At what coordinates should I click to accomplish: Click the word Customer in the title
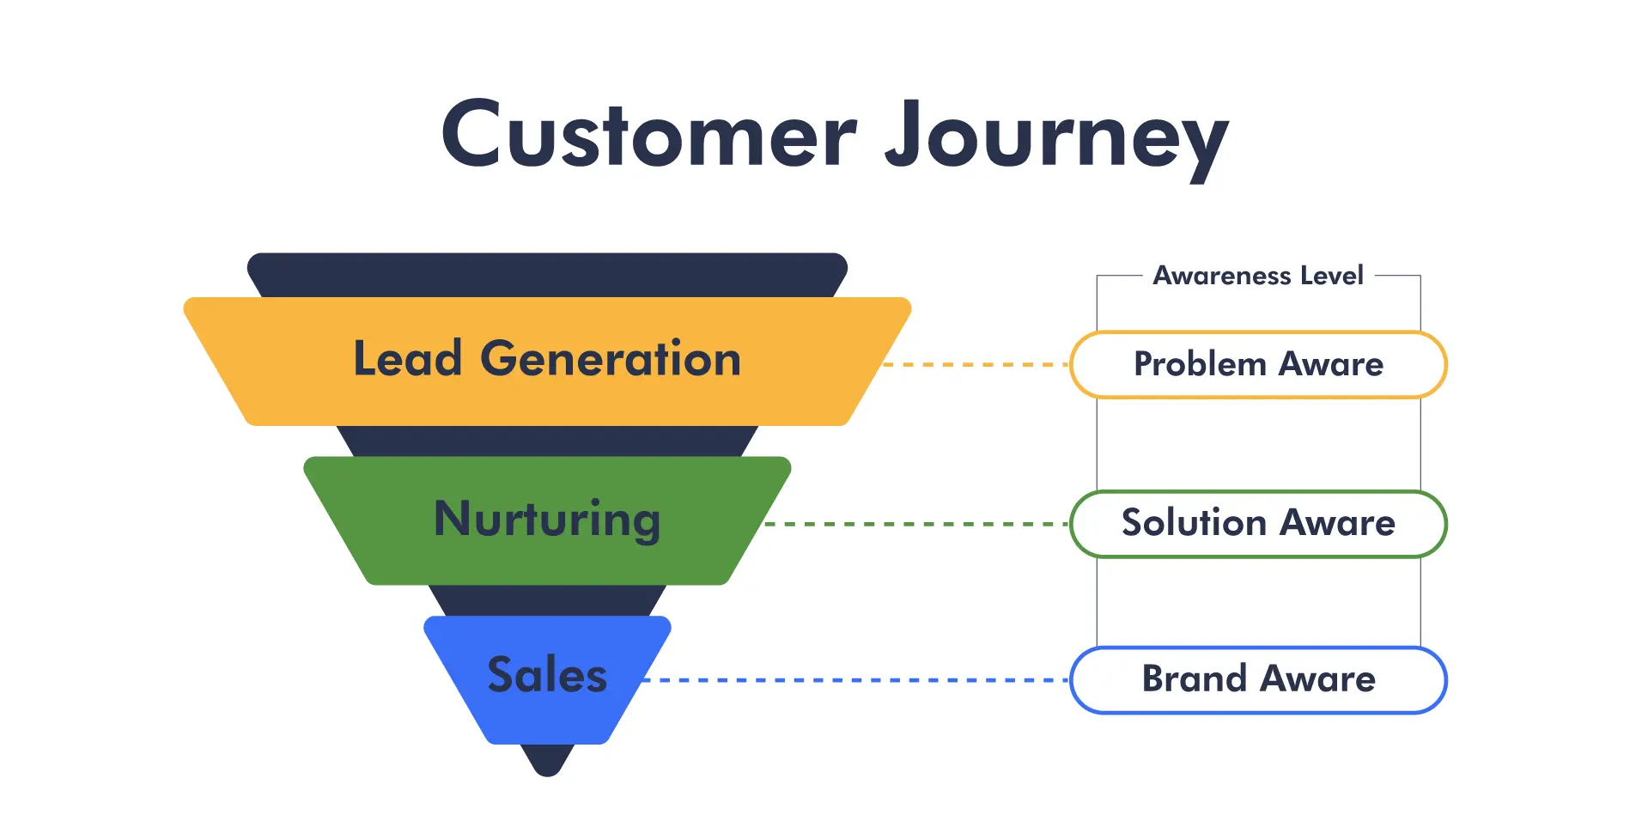(x=649, y=134)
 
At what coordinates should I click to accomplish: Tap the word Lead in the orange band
(x=408, y=358)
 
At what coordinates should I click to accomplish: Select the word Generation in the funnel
(x=611, y=358)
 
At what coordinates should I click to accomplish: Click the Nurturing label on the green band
(x=547, y=520)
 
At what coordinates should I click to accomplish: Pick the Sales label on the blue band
(x=547, y=674)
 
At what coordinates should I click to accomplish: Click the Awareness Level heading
(x=1258, y=276)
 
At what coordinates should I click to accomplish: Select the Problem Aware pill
(x=1258, y=364)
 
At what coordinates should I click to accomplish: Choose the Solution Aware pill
(x=1258, y=523)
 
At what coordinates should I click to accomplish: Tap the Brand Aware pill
(x=1258, y=679)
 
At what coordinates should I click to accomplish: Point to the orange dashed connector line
(x=976, y=364)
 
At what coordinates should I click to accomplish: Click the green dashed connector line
(x=917, y=523)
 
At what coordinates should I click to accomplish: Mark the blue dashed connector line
(x=856, y=679)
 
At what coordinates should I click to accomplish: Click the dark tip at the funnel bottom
(x=547, y=760)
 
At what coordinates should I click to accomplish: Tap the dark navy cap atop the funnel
(x=547, y=275)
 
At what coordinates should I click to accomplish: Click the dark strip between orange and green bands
(x=547, y=441)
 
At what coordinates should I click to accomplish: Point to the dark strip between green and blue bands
(x=547, y=600)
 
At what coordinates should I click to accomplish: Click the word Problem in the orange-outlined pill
(x=1201, y=364)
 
